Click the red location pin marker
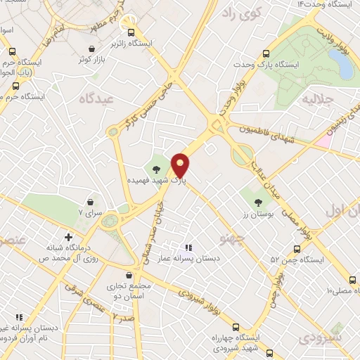click(180, 165)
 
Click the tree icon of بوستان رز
click(259, 202)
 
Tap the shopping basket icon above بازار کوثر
click(92, 49)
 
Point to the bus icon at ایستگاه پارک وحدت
click(265, 54)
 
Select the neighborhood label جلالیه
click(316, 101)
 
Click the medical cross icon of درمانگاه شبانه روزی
click(67, 237)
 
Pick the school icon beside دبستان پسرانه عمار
click(188, 247)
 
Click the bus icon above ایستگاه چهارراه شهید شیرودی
click(236, 326)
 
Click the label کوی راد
click(239, 13)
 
